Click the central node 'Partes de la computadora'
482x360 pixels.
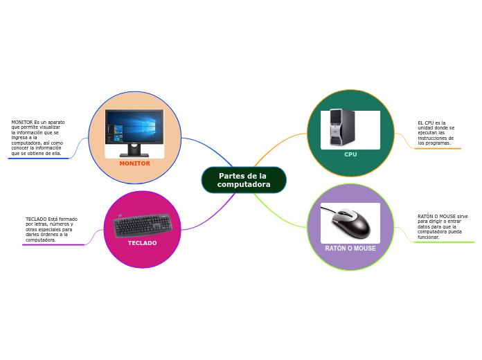(244, 180)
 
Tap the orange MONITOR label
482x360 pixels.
(134, 163)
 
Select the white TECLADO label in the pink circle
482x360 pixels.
(142, 243)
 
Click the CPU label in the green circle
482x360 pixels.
(350, 154)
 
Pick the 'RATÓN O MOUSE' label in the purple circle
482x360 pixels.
(350, 248)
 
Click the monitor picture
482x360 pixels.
(134, 132)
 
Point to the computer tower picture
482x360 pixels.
(342, 127)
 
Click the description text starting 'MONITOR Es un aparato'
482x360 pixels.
(38, 138)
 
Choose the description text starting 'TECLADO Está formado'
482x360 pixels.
(51, 229)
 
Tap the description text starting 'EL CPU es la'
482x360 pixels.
(436, 133)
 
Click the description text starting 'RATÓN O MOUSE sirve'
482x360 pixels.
(443, 226)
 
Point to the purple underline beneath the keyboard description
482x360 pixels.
(54, 244)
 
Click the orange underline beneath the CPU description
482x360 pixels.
(438, 148)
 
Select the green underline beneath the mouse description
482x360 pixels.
(445, 242)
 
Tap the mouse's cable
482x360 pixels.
(330, 210)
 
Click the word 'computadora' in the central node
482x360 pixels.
(244, 185)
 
